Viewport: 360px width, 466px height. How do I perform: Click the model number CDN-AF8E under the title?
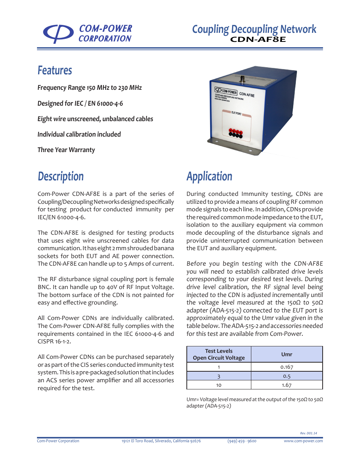pyautogui.click(x=258, y=40)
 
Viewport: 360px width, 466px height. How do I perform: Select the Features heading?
pyautogui.click(x=55, y=71)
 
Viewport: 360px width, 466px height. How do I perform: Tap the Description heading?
pyautogui.click(x=61, y=177)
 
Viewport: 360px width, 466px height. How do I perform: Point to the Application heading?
pyautogui.click(x=209, y=177)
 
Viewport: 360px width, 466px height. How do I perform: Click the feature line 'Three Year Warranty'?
pyautogui.click(x=66, y=150)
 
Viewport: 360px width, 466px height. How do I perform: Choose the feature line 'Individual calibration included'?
pyautogui.click(x=79, y=134)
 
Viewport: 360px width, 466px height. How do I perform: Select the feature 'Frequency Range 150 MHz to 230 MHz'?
pyautogui.click(x=90, y=88)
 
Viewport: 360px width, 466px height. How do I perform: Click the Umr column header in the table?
pyautogui.click(x=287, y=354)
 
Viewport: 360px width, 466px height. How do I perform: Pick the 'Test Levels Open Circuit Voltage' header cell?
pyautogui.click(x=219, y=354)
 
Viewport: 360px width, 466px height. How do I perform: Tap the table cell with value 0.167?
pyautogui.click(x=287, y=367)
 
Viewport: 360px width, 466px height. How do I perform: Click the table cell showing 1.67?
pyautogui.click(x=287, y=385)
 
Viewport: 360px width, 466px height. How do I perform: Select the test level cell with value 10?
pyautogui.click(x=219, y=385)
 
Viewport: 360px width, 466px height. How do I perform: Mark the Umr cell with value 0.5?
pyautogui.click(x=287, y=376)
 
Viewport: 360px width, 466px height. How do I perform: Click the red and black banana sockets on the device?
pyautogui.click(x=236, y=133)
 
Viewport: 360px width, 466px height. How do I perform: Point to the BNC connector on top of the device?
pyautogui.click(x=243, y=79)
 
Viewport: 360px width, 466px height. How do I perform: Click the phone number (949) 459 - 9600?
pyautogui.click(x=242, y=441)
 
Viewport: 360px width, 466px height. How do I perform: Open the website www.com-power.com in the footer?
pyautogui.click(x=303, y=441)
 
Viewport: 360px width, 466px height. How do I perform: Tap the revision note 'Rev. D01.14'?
pyautogui.click(x=308, y=433)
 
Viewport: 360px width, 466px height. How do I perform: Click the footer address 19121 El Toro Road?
pyautogui.click(x=161, y=441)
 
